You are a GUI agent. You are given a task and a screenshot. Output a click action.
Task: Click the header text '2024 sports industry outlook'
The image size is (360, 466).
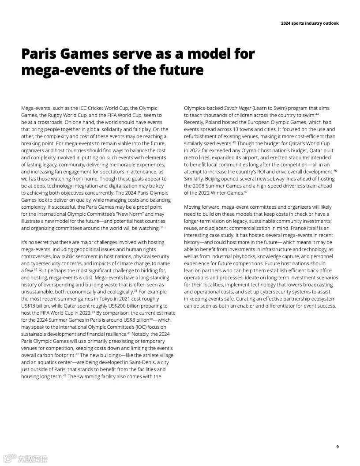click(x=310, y=23)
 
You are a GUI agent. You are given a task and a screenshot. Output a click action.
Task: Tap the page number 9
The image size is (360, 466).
click(x=337, y=447)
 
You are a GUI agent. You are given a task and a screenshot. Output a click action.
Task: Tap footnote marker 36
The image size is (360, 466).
click(x=161, y=227)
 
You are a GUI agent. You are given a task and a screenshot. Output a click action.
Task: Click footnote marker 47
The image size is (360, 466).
click(x=246, y=192)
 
